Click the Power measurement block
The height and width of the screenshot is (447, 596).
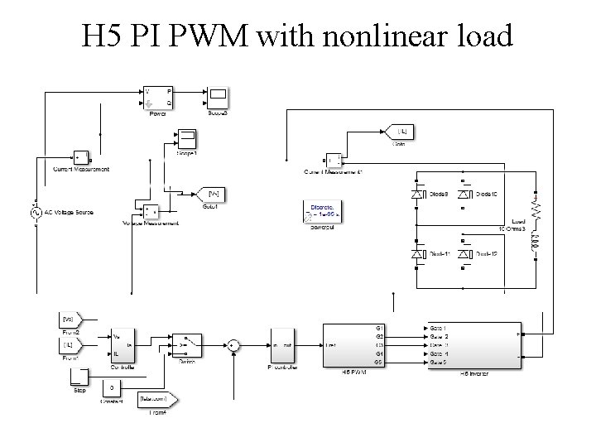point(158,97)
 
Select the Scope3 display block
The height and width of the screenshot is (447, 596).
point(218,97)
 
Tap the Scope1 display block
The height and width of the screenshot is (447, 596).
point(186,137)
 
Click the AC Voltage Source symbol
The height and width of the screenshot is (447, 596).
point(36,213)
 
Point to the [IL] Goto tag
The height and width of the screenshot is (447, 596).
point(400,131)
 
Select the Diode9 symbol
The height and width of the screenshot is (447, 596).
point(417,194)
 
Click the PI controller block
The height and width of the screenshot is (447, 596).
point(281,344)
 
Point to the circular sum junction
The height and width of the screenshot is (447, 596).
point(233,344)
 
